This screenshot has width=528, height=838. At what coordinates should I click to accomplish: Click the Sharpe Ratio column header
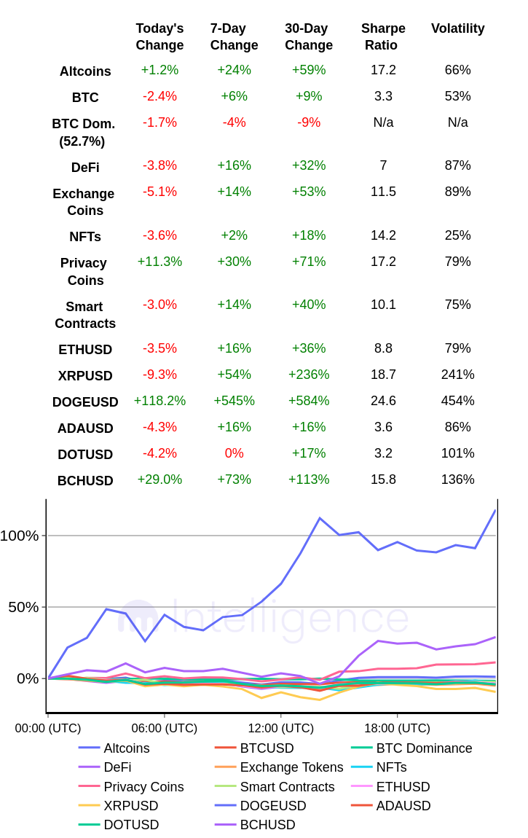point(383,36)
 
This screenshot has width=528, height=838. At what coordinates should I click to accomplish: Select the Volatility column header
point(457,28)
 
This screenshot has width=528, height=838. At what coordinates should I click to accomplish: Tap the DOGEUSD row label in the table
point(85,402)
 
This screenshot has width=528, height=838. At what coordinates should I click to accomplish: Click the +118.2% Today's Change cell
point(159,401)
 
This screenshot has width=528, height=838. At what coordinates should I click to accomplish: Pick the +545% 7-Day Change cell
point(234,401)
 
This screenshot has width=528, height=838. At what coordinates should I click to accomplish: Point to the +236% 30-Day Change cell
point(309,375)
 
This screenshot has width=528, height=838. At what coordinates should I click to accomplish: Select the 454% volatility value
point(457,401)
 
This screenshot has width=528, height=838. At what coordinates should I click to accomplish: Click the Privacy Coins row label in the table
point(84,272)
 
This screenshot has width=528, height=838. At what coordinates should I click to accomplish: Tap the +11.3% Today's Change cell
point(159,262)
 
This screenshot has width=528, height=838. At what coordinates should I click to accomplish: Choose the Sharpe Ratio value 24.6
point(383,401)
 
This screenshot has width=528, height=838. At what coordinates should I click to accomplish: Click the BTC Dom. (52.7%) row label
point(82,133)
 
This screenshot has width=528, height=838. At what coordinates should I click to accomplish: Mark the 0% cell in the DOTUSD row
point(234,453)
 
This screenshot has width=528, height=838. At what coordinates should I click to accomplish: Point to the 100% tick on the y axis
point(20,536)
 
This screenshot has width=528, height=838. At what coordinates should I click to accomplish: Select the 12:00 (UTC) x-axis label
point(280,728)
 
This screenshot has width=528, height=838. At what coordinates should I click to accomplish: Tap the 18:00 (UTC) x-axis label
point(397,728)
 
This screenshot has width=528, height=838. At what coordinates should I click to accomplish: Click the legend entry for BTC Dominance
point(424,748)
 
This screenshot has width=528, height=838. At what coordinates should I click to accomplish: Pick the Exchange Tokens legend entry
point(291,767)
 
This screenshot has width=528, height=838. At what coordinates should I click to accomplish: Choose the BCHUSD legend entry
point(267,825)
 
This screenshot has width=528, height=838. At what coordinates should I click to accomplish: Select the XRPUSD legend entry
point(130,806)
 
